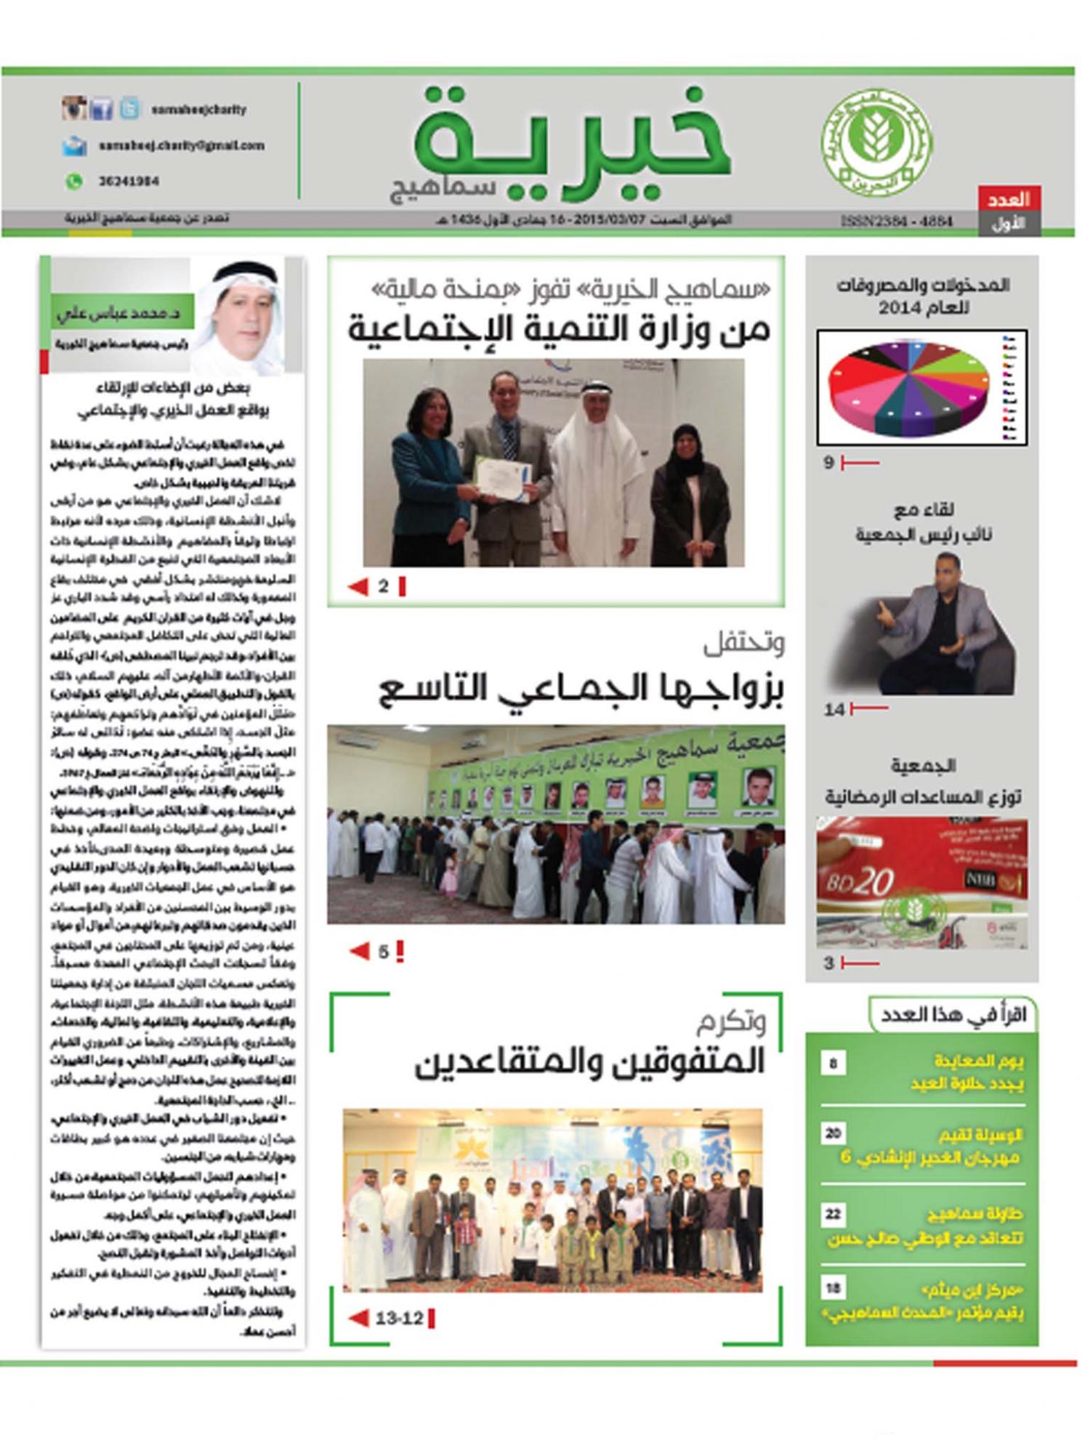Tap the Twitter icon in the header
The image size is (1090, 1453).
tap(129, 109)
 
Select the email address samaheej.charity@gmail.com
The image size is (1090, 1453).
tap(181, 145)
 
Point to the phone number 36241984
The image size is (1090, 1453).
tap(129, 182)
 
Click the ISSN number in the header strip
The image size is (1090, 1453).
tap(896, 221)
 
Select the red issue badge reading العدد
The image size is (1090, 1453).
tap(1009, 199)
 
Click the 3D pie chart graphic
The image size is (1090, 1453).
tap(908, 386)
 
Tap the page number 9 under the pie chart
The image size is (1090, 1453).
tap(828, 463)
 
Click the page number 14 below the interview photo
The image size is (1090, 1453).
tap(833, 710)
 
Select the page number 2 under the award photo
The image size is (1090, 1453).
tap(383, 586)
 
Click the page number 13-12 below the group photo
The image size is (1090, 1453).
tap(399, 1318)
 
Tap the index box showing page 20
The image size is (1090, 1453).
tap(833, 1133)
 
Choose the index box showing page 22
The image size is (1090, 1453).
tap(833, 1214)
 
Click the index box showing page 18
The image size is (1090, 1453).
tap(833, 1289)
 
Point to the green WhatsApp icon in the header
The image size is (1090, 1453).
tap(73, 182)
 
